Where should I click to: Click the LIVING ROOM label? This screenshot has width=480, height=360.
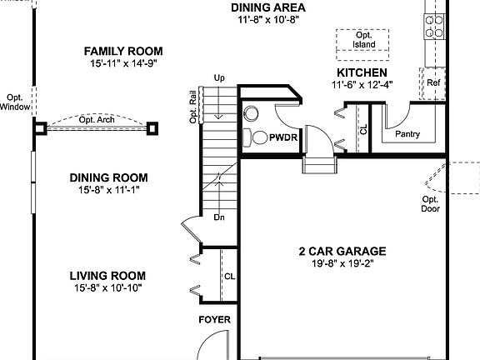[x=107, y=276]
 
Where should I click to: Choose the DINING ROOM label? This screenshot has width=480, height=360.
[x=108, y=177]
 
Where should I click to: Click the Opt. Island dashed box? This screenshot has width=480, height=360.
[x=363, y=39]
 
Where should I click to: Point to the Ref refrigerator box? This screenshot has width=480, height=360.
[x=433, y=83]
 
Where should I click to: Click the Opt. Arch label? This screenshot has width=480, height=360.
[x=97, y=120]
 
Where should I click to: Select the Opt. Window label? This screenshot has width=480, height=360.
[x=15, y=101]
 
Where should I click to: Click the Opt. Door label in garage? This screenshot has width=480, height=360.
[x=430, y=205]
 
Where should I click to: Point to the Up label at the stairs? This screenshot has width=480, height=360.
[x=220, y=78]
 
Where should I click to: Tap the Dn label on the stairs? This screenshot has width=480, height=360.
[x=219, y=217]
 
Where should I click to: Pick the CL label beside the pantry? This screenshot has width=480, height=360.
[x=363, y=130]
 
